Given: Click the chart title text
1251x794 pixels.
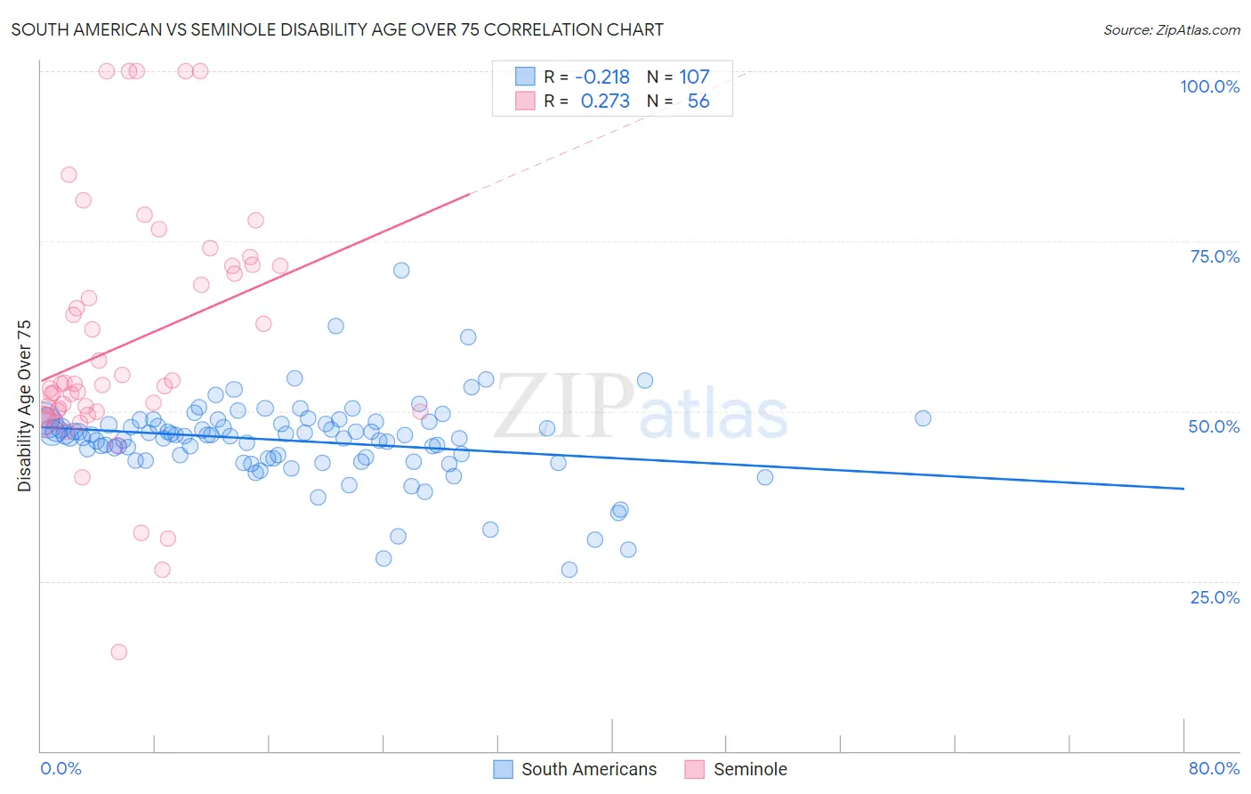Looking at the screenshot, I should pos(337,29).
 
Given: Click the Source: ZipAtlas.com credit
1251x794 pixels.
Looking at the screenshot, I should pos(1171,29).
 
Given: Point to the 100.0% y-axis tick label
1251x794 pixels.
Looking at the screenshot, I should pos(1209,86).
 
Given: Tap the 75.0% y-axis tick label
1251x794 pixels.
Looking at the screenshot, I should pos(1215,256).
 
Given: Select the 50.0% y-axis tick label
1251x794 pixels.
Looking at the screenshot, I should pos(1214,426).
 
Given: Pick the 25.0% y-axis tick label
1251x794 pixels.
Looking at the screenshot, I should pos(1215,597).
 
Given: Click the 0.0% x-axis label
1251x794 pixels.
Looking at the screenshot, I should pos(61,768).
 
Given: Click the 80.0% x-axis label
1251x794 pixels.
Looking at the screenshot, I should pos(1214,768).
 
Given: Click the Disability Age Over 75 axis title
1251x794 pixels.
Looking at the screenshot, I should pos(24,406).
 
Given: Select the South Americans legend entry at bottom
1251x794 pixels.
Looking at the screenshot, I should pos(588,769).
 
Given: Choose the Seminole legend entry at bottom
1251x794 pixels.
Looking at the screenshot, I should pos(749,769).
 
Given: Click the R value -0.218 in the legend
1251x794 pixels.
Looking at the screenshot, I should pos(602,77).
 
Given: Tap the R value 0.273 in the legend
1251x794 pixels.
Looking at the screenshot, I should pos(605,101).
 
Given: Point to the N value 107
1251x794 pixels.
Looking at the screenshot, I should pos(694,77).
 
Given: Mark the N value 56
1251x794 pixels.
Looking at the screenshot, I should pos(698,101).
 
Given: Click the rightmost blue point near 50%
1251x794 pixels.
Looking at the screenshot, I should pos(923,418).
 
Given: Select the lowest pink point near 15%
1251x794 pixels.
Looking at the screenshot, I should pos(118,652).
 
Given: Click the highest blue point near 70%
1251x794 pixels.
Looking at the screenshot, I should pos(401,271).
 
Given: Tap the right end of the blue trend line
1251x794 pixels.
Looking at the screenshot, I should pos(1183,489).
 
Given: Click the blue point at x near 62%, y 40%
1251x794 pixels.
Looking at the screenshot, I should pos(764,477).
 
